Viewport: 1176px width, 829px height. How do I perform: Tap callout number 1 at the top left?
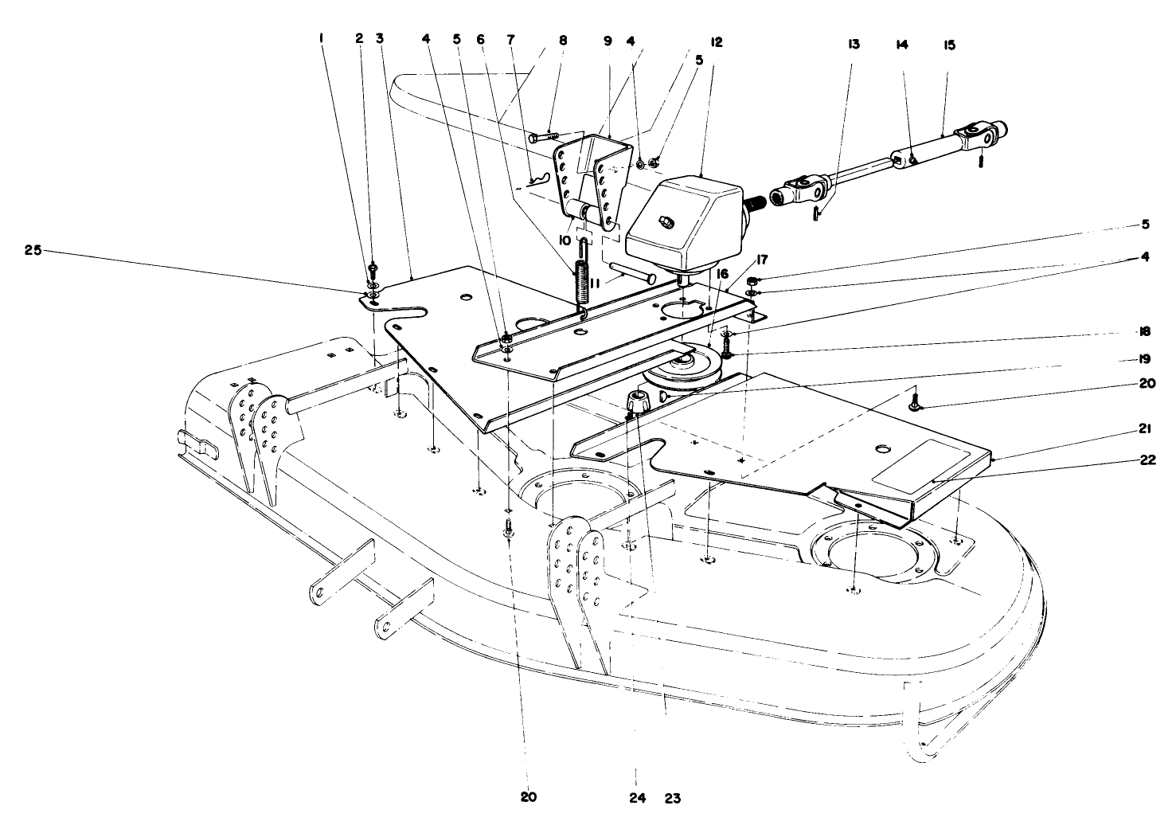click(x=322, y=37)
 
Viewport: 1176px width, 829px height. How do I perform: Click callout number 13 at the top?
click(x=854, y=45)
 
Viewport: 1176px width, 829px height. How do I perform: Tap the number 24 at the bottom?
click(x=638, y=797)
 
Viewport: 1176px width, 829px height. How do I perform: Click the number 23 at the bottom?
click(x=673, y=797)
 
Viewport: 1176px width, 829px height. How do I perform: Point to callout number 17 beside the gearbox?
click(x=761, y=259)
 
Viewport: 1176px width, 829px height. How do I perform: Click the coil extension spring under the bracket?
click(x=581, y=282)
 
